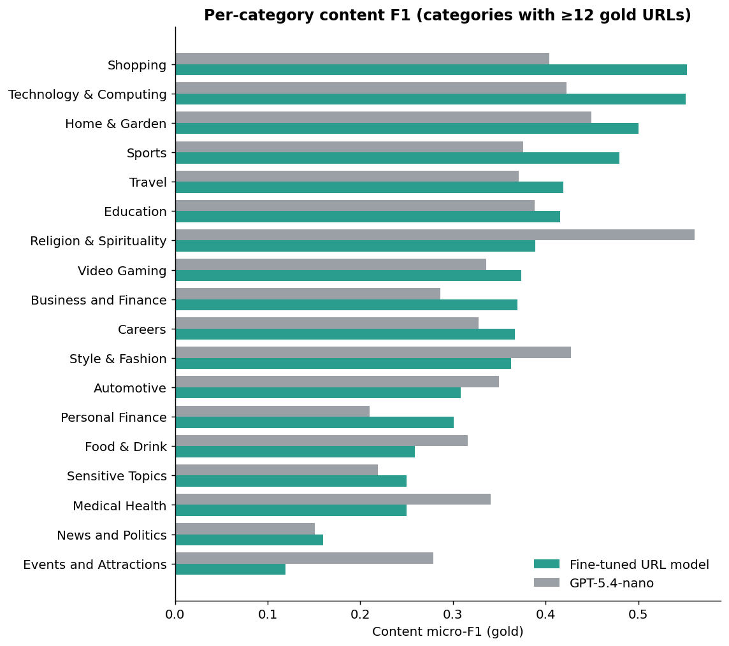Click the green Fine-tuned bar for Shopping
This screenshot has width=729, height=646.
tap(431, 69)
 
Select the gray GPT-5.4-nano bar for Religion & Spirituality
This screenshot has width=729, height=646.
tap(435, 234)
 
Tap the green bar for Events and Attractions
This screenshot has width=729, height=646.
tap(231, 570)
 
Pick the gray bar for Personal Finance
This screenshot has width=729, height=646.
tap(273, 412)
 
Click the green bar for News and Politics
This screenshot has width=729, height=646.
tap(249, 540)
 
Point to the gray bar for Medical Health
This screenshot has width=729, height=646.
tap(333, 499)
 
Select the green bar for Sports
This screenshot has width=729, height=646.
tap(398, 158)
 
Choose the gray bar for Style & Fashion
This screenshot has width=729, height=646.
tap(373, 352)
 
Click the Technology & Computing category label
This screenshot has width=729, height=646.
tap(87, 94)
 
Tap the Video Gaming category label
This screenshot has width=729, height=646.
tap(122, 271)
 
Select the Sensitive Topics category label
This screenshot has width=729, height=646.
tap(117, 477)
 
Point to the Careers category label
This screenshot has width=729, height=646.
tap(142, 329)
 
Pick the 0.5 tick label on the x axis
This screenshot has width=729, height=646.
tap(638, 614)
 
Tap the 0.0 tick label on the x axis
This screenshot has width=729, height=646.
tap(175, 614)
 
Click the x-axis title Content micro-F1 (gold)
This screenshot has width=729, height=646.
tap(448, 631)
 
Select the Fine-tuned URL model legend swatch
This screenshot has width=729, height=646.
tap(547, 564)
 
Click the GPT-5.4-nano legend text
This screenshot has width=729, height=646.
tap(612, 583)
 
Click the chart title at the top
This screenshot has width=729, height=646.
tap(447, 15)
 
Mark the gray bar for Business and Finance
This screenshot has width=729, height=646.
tap(308, 294)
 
